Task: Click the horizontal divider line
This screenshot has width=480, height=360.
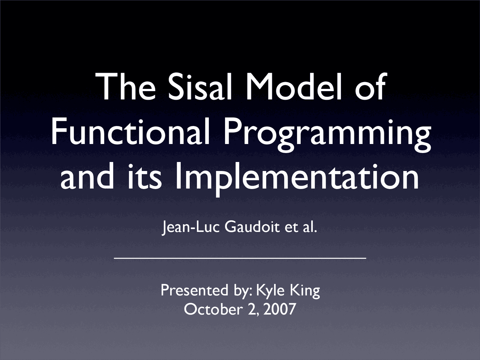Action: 240,258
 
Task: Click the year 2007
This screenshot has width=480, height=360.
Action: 280,309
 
